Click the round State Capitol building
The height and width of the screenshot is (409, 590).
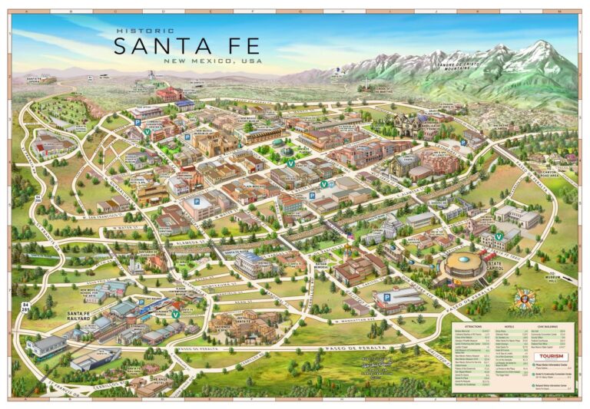click(x=463, y=267)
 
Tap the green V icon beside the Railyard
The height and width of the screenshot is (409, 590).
click(x=176, y=314)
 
